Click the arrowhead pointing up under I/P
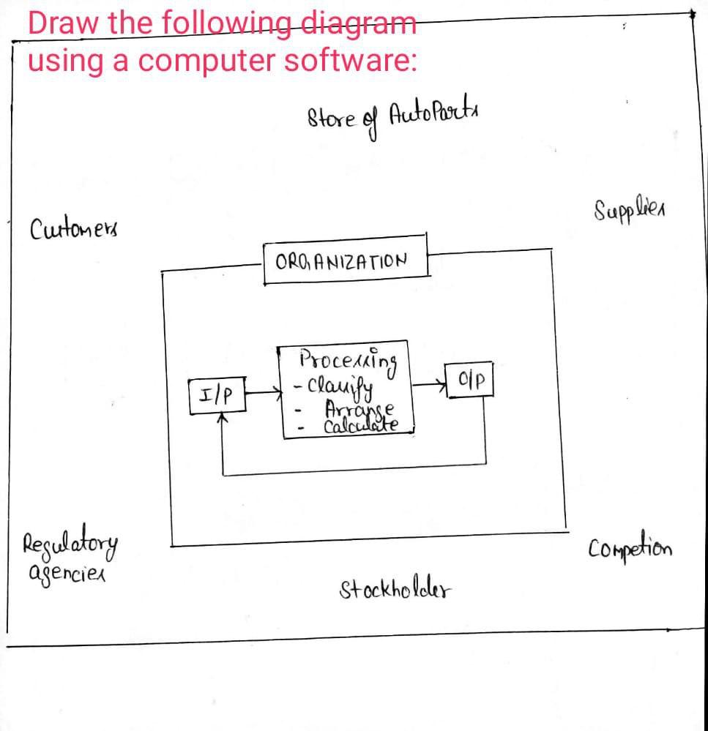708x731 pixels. tap(223, 419)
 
